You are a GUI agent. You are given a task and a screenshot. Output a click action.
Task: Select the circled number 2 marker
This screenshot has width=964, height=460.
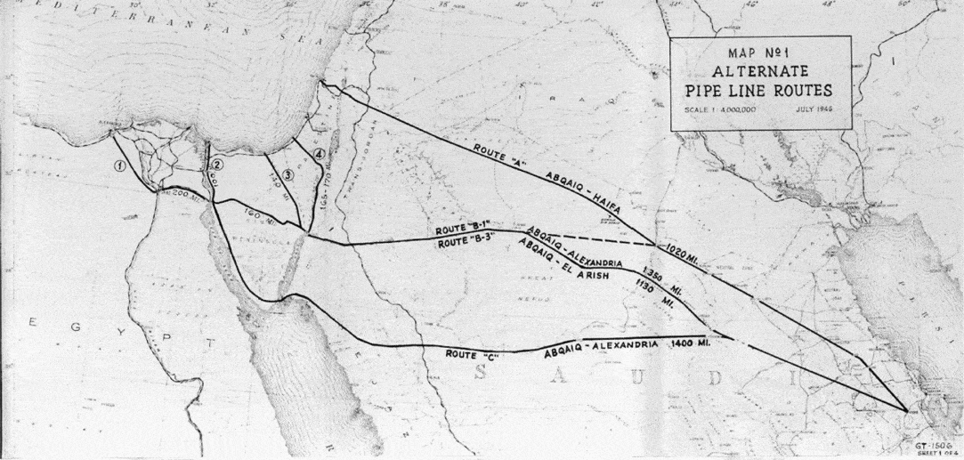click(216, 163)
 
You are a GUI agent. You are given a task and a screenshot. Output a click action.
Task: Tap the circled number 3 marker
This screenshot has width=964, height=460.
click(286, 173)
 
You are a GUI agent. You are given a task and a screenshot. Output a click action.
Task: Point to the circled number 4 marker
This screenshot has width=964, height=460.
click(319, 154)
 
